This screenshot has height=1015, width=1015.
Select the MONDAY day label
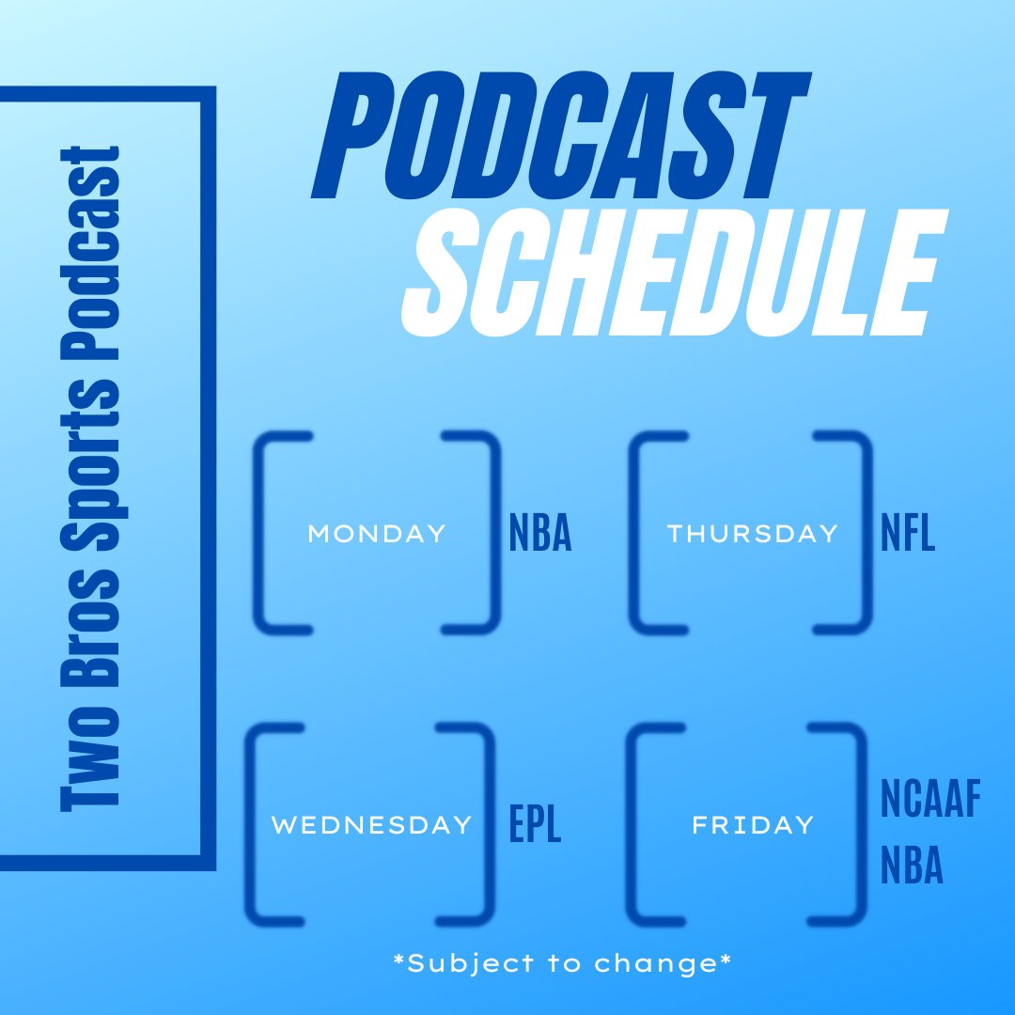(x=377, y=534)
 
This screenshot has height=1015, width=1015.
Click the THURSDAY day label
(x=753, y=534)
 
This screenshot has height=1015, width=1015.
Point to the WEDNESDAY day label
(x=371, y=825)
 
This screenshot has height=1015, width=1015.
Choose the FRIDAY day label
(x=753, y=825)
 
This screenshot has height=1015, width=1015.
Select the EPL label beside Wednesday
(x=535, y=824)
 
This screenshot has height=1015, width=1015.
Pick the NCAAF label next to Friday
(x=930, y=801)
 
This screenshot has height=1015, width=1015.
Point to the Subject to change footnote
(x=564, y=963)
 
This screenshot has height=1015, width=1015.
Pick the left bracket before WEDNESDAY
(x=258, y=824)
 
